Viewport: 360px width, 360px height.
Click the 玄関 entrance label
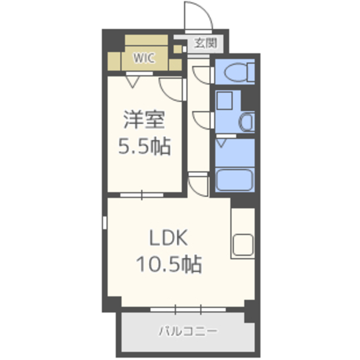coord(205,43)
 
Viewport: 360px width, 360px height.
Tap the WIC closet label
coord(144,58)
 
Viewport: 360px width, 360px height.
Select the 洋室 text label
coord(144,120)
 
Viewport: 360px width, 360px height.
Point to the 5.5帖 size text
coord(145,146)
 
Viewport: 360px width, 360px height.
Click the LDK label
coord(169,238)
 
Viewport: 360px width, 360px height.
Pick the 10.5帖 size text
coord(169,264)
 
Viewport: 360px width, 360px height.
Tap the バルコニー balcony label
coord(188,331)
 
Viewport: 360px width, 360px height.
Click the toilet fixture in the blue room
coord(239,72)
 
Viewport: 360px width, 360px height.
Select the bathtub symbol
coord(235,180)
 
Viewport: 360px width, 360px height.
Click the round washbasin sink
coord(247,121)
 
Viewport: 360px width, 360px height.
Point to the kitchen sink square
coord(242,245)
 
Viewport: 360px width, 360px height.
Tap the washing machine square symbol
coord(224,101)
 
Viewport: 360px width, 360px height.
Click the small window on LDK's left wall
coord(105,223)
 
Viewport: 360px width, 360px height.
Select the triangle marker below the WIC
coord(133,82)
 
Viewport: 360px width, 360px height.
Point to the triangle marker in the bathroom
coord(222,143)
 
